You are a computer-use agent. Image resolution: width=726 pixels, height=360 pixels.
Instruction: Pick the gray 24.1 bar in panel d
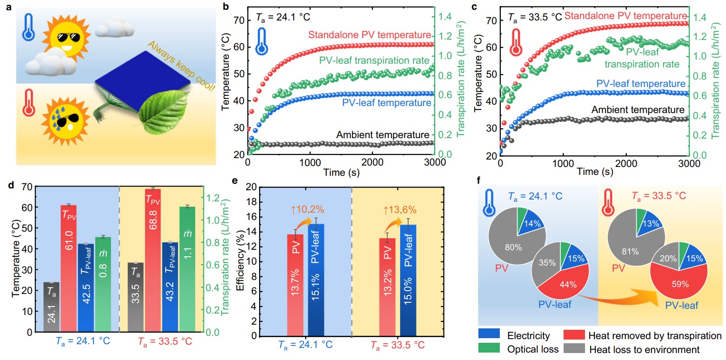coord(51,307)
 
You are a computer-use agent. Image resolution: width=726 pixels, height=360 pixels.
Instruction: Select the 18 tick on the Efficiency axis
coord(251,202)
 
